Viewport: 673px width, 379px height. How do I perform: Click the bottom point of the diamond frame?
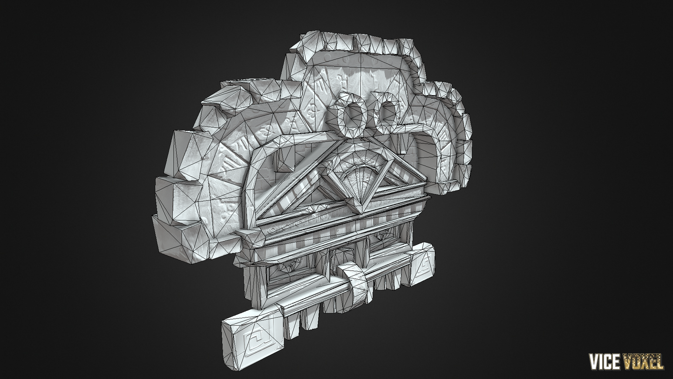click(x=362, y=214)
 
